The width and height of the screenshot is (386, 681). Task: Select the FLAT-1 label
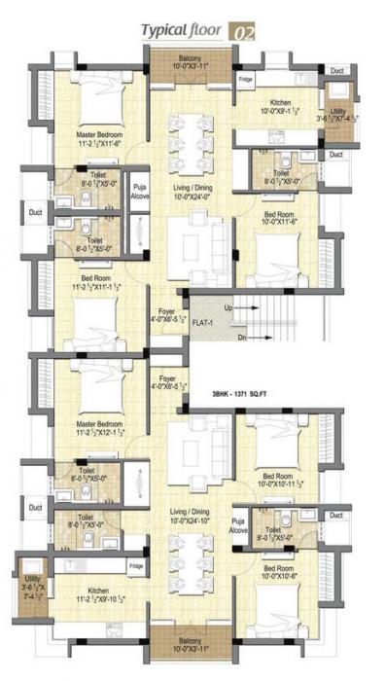click(x=202, y=320)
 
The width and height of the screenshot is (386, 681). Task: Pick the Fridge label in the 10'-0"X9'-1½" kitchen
click(x=246, y=79)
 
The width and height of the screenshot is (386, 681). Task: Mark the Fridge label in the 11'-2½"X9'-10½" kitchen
click(x=136, y=565)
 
